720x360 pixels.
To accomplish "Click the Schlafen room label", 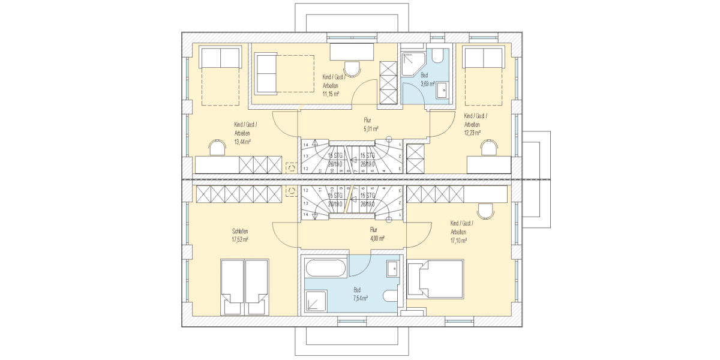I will pyautogui.click(x=240, y=231).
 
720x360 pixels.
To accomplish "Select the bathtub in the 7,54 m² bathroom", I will pyautogui.click(x=325, y=268).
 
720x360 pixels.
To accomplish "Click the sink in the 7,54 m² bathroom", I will pyautogui.click(x=392, y=268).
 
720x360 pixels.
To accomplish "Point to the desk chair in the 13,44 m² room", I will pyautogui.click(x=217, y=147).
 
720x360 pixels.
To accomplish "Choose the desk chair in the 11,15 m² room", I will pyautogui.click(x=352, y=68).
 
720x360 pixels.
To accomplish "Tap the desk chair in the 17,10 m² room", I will pyautogui.click(x=485, y=210).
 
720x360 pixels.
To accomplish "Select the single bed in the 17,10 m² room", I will pyautogui.click(x=436, y=278).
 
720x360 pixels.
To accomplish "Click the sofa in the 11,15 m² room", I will pyautogui.click(x=265, y=73).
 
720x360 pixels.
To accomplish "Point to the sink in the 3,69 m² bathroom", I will pyautogui.click(x=443, y=91).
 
